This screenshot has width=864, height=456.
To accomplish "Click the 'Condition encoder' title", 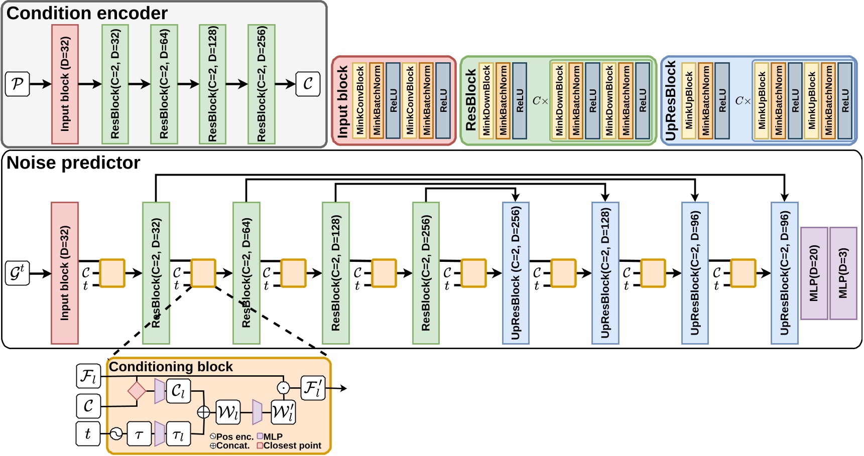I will click(87, 13).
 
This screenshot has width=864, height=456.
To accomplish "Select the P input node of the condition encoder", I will click(18, 84).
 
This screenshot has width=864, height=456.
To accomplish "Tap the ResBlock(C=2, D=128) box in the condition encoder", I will click(212, 84).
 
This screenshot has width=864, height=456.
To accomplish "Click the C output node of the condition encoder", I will click(308, 84).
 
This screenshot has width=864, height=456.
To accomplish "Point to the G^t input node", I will click(18, 273).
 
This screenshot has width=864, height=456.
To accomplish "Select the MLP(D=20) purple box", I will click(814, 273).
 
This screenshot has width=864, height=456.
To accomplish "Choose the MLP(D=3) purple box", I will click(843, 273).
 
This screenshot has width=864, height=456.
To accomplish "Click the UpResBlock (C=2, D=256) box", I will click(516, 273).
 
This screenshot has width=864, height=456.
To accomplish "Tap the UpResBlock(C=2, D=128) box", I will click(605, 273).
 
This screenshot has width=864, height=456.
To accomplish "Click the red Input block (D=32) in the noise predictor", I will click(65, 273).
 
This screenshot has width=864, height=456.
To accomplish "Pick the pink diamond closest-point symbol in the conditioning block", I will click(137, 391).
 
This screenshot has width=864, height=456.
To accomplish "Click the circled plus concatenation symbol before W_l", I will click(203, 412).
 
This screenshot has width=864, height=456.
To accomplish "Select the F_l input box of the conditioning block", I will click(88, 376).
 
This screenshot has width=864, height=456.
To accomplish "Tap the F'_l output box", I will click(313, 388).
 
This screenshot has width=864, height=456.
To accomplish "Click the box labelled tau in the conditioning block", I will click(140, 434).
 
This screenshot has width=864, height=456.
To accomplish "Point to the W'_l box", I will click(283, 412).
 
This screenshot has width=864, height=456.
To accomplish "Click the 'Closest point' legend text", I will click(292, 445).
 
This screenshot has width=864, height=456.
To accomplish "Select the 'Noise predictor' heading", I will click(73, 163).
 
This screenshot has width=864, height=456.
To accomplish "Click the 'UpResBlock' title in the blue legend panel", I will click(671, 101).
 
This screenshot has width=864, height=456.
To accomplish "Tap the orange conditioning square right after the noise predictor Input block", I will click(112, 273).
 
